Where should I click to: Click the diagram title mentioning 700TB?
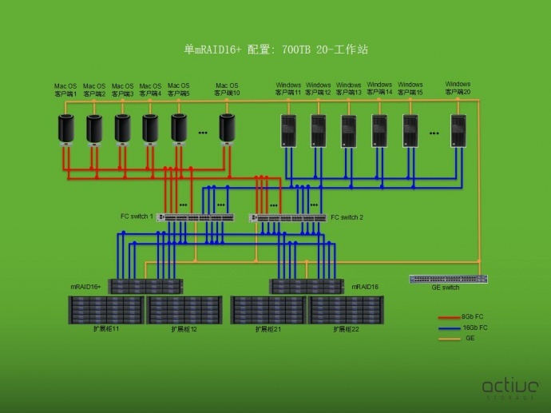(x=275, y=50)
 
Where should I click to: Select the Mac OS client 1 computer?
(x=65, y=129)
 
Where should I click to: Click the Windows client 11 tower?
(x=288, y=130)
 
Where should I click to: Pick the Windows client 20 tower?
(x=458, y=130)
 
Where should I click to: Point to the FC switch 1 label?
(x=137, y=216)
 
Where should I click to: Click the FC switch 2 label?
(x=347, y=216)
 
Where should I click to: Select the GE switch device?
(x=448, y=279)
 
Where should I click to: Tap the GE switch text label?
(x=446, y=288)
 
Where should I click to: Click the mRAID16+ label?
(x=85, y=286)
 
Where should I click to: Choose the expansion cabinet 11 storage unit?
(x=105, y=309)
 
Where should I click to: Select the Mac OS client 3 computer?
(x=122, y=129)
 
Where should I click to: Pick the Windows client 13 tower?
(x=349, y=130)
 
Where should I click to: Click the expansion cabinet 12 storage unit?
(x=184, y=309)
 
